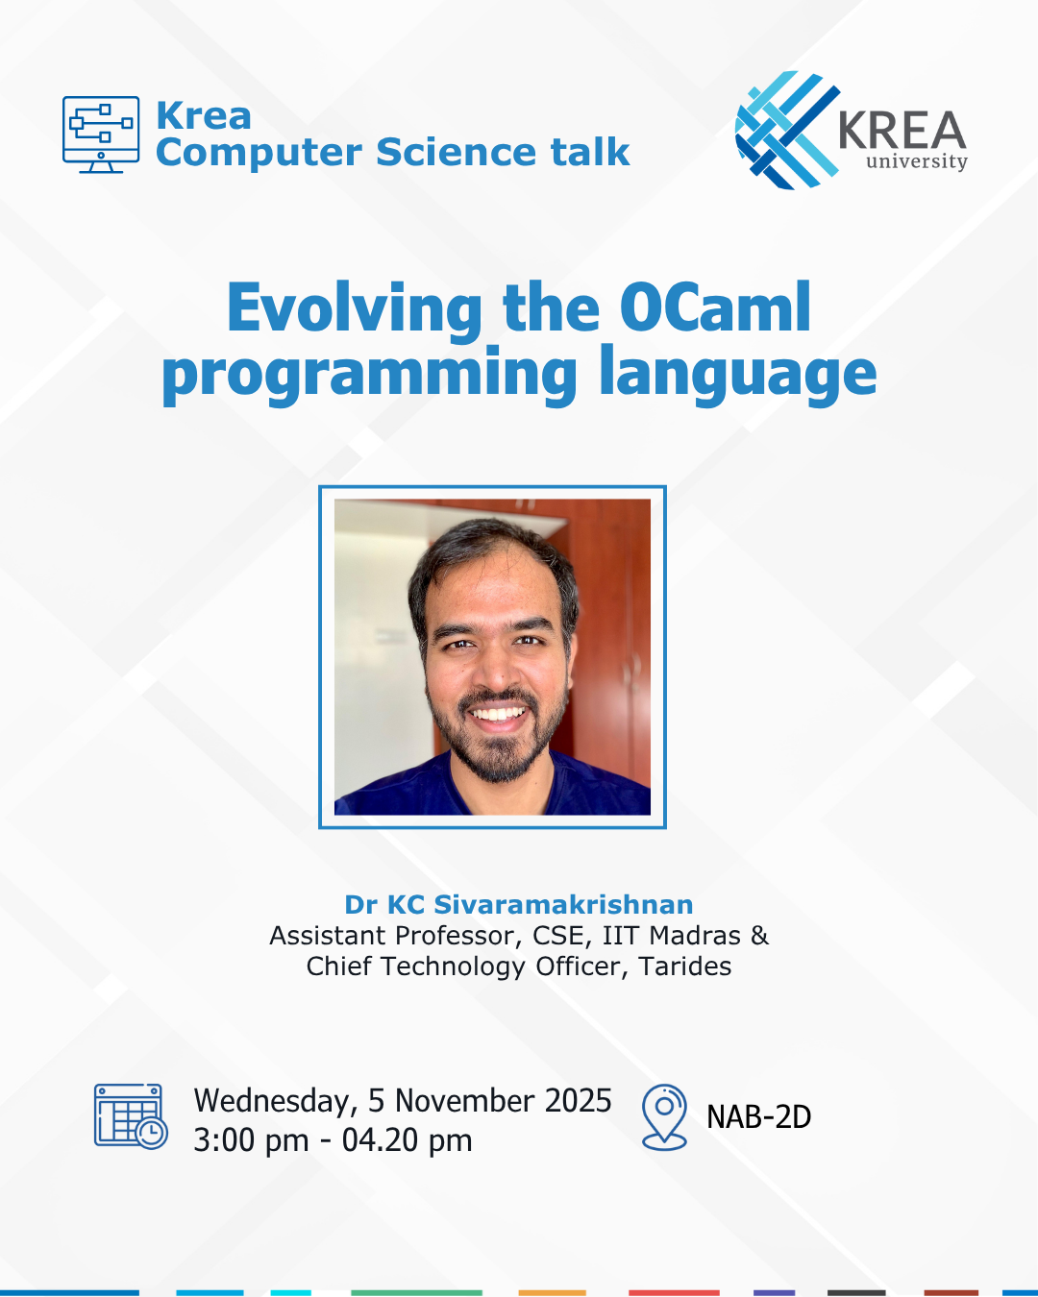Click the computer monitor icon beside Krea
(x=101, y=134)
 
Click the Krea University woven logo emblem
(x=785, y=130)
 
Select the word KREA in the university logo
(x=902, y=131)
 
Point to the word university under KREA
(x=916, y=161)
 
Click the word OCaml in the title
(x=715, y=308)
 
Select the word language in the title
(x=737, y=375)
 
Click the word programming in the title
(x=370, y=375)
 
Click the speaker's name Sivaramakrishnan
(x=563, y=905)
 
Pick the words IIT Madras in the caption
(x=672, y=936)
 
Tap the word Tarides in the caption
(x=685, y=967)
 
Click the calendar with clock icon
(x=131, y=1116)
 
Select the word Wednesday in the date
(x=276, y=1101)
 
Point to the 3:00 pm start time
(x=251, y=1140)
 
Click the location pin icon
(x=664, y=1116)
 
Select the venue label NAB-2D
(x=758, y=1117)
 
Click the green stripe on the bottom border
(x=416, y=1292)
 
